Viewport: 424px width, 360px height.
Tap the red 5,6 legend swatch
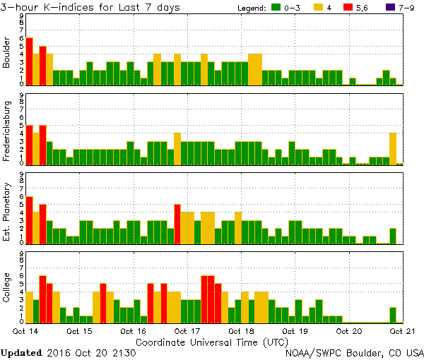point(349,8)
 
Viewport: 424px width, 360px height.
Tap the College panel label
point(6,290)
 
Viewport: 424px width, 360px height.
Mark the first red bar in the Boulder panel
point(30,61)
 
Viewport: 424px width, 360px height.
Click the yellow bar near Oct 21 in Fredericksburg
point(393,148)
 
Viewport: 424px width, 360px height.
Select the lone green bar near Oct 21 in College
point(393,315)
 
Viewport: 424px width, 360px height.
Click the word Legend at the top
point(252,8)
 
